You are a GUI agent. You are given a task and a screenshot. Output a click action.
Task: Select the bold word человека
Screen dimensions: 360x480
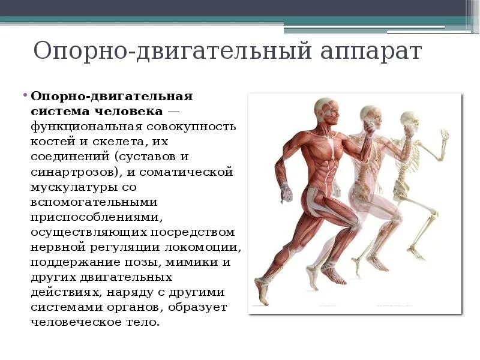[127, 112]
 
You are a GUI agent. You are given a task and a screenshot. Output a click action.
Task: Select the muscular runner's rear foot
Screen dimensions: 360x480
[262, 292]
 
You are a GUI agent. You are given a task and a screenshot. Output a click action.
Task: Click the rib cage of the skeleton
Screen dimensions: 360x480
[403, 157]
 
